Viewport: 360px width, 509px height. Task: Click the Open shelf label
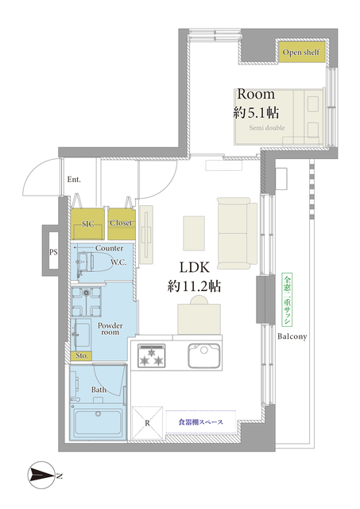300,52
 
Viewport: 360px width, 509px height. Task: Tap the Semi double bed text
266,128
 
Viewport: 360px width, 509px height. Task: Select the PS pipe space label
53,252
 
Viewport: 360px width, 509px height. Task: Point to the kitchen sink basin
204,356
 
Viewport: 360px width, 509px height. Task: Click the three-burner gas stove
152,356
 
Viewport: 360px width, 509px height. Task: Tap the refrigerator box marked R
147,422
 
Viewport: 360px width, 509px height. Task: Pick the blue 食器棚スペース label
201,422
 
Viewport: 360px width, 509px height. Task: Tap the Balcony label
292,336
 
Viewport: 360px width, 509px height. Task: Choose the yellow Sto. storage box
81,356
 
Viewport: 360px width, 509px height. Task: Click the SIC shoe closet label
88,223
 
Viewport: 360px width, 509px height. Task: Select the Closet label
121,223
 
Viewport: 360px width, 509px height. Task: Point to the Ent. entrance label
74,179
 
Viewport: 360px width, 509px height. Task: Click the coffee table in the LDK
194,233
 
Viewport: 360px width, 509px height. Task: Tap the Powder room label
110,328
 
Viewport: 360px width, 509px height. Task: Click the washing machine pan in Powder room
87,301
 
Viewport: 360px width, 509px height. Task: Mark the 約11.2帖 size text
194,286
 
